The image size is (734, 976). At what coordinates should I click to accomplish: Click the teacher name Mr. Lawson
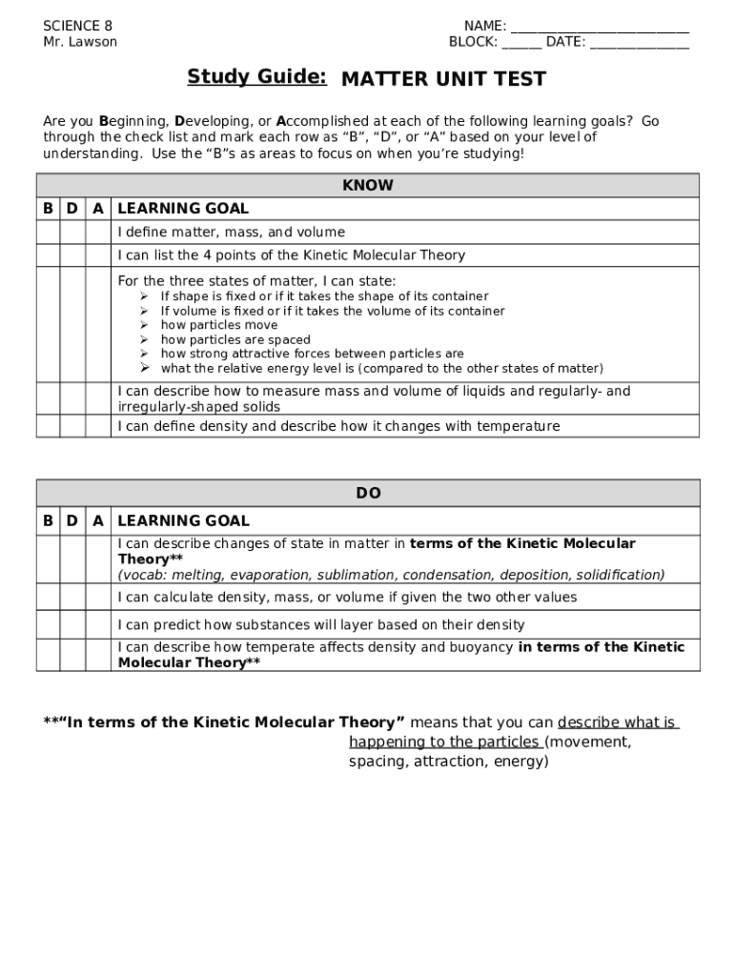pyautogui.click(x=80, y=42)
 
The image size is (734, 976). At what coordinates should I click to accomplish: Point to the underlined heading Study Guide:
pyautogui.click(x=256, y=76)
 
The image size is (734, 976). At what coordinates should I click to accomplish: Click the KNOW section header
pyautogui.click(x=367, y=185)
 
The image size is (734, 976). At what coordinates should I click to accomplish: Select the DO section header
pyautogui.click(x=368, y=493)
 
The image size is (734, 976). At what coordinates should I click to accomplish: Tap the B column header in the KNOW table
pyautogui.click(x=48, y=209)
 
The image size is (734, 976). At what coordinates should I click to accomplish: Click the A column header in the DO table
pyautogui.click(x=97, y=520)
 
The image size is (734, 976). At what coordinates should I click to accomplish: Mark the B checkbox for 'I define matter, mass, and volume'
pyautogui.click(x=48, y=233)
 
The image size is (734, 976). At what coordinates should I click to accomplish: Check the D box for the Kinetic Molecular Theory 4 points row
pyautogui.click(x=72, y=255)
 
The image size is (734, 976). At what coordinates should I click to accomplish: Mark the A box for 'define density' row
pyautogui.click(x=97, y=426)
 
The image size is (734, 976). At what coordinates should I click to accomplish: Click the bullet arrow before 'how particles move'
pyautogui.click(x=145, y=325)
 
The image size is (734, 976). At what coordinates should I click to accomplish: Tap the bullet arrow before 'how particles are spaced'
pyautogui.click(x=145, y=339)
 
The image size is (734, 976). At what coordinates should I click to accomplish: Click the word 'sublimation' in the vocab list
pyautogui.click(x=389, y=575)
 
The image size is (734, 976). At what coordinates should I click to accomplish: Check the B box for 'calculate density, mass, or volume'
pyautogui.click(x=48, y=597)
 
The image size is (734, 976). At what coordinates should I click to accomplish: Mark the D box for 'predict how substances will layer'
pyautogui.click(x=72, y=624)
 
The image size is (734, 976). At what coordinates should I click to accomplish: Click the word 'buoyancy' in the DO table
pyautogui.click(x=481, y=647)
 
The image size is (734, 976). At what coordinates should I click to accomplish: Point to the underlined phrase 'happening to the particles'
pyautogui.click(x=445, y=742)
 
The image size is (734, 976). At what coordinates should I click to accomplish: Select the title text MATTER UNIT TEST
pyautogui.click(x=443, y=78)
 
